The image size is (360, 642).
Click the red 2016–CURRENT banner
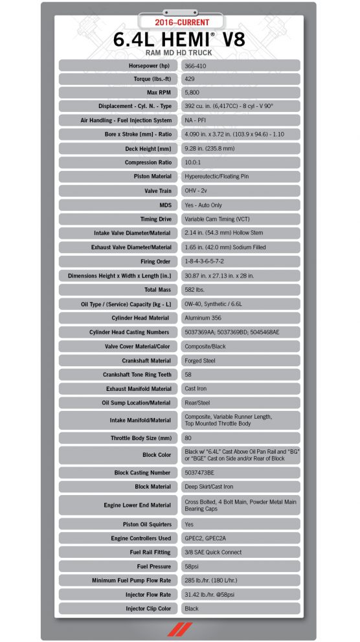pyautogui.click(x=179, y=23)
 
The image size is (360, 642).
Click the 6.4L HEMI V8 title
pyautogui.click(x=179, y=39)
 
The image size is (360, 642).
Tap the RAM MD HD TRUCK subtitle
pyautogui.click(x=179, y=53)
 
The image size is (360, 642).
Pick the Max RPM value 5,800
pyautogui.click(x=192, y=92)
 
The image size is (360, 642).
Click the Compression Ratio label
pyautogui.click(x=148, y=162)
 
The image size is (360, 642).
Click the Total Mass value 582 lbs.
pyautogui.click(x=196, y=290)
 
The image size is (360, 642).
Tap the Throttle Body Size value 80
pyautogui.click(x=188, y=438)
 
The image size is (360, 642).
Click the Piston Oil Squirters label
pyautogui.click(x=147, y=524)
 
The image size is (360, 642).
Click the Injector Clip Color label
pyautogui.click(x=149, y=609)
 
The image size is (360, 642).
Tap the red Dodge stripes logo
pyautogui.click(x=179, y=628)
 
